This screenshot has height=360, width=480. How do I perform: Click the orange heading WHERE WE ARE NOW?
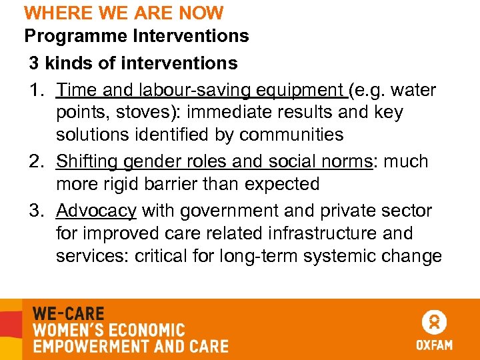coord(124,13)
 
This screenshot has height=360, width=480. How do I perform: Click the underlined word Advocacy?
coord(97,211)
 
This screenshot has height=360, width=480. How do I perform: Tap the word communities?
coord(291,135)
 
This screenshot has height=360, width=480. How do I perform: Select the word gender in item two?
coord(154,162)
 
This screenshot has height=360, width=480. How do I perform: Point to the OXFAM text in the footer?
coord(435,345)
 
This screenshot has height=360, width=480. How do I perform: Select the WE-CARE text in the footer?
coord(69,313)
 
